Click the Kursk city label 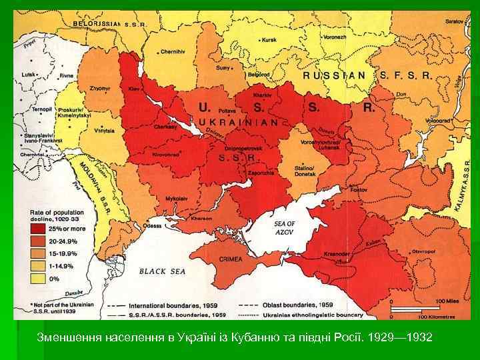[269, 40]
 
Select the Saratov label [453, 22]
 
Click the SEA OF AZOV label [284, 227]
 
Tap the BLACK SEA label [163, 271]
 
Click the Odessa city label [152, 225]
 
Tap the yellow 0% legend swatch [37, 278]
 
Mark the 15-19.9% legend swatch [37, 254]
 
